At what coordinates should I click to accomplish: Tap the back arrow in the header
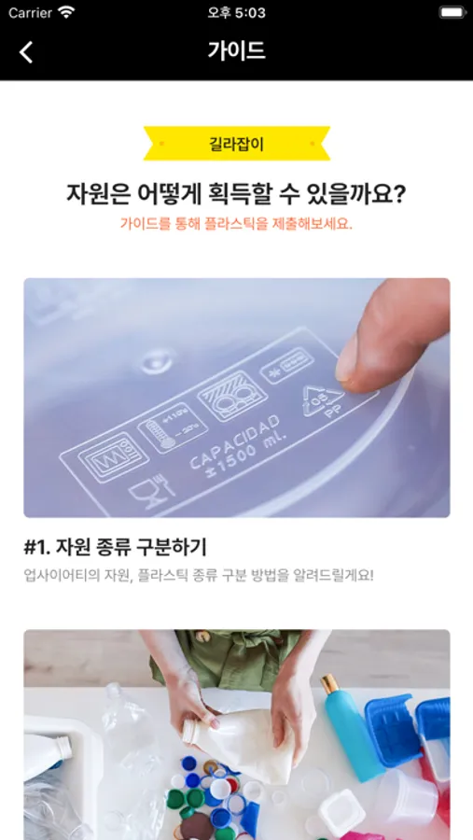click(26, 52)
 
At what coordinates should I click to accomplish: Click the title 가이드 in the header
click(236, 51)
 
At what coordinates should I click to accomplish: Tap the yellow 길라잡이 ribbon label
click(237, 144)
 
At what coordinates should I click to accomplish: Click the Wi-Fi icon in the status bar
click(66, 12)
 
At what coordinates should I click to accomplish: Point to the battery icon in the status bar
click(452, 12)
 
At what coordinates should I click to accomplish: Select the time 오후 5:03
click(236, 13)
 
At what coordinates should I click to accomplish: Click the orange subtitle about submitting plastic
click(236, 223)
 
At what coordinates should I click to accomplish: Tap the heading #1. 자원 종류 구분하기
click(115, 548)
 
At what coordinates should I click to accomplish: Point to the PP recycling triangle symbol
click(323, 400)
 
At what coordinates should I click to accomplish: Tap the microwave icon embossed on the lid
click(106, 455)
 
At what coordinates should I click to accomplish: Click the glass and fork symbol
click(151, 487)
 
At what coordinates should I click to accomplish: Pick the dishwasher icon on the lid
click(225, 396)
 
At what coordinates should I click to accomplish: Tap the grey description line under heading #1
click(199, 576)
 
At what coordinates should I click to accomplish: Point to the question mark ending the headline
click(398, 194)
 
